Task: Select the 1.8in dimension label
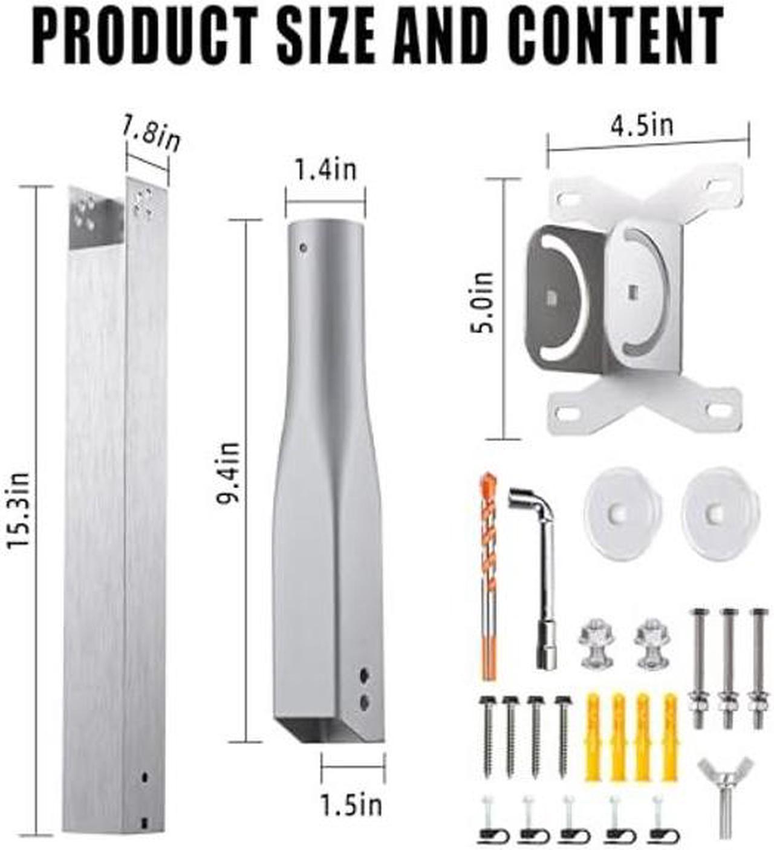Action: tap(151, 136)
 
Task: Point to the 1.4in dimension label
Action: tap(326, 170)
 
